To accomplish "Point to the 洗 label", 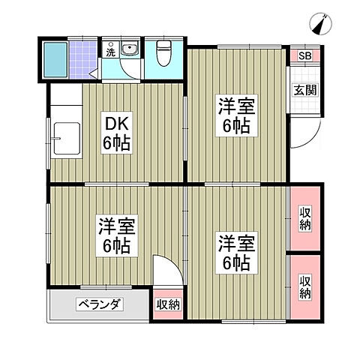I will (110, 52).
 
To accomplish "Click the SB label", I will (305, 56).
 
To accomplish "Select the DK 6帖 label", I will (117, 132).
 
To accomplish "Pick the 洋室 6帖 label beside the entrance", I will (236, 115).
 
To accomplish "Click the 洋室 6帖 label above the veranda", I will (115, 234).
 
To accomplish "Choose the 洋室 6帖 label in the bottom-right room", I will (235, 253).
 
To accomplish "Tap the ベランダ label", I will (99, 304).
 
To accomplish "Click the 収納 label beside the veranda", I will (169, 304).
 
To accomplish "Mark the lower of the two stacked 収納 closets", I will (305, 287).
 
